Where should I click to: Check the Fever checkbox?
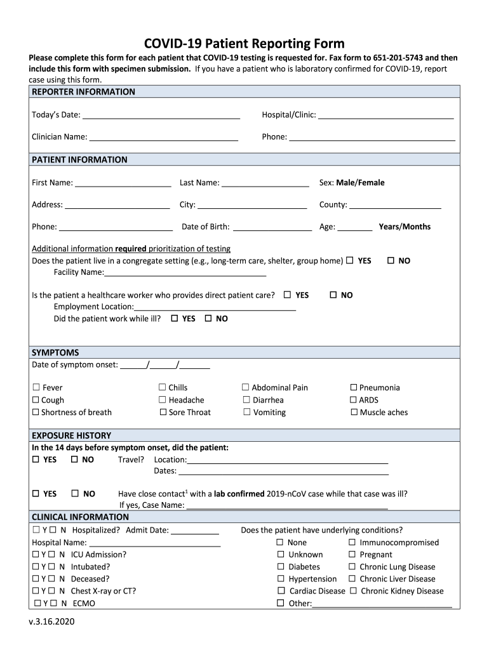click(36, 387)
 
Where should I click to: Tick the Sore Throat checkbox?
click(163, 413)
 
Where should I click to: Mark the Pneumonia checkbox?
click(354, 387)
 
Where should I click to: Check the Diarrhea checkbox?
click(247, 400)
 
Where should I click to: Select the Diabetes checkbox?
click(280, 567)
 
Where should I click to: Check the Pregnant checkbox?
click(352, 555)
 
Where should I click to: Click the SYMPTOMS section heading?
click(55, 352)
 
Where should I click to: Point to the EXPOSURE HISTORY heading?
click(71, 435)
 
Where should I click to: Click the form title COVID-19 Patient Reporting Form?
click(244, 44)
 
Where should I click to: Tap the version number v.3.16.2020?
click(51, 621)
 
